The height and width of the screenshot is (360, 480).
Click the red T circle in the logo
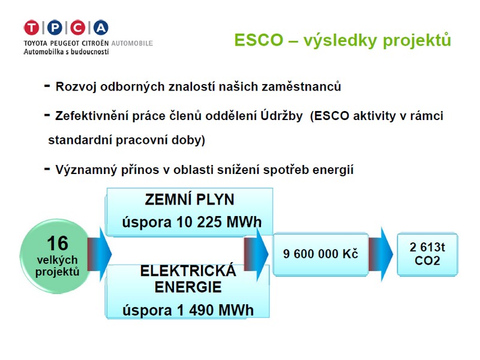click(32, 28)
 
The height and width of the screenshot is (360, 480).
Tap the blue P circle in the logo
click(55, 28)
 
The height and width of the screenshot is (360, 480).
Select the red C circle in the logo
click(78, 28)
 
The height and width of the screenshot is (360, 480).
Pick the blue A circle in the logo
click(101, 28)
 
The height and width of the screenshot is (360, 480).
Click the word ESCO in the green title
click(259, 40)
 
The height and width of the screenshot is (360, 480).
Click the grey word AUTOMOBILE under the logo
click(132, 43)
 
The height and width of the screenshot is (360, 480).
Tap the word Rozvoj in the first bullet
click(76, 87)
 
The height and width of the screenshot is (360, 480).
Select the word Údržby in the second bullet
click(281, 116)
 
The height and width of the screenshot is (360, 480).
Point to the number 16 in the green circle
click(58, 244)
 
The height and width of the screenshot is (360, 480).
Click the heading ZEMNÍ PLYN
click(190, 200)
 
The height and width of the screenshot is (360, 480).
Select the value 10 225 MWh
click(219, 222)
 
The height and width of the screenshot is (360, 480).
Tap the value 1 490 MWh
click(215, 310)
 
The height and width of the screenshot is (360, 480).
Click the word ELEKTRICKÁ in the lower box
click(188, 271)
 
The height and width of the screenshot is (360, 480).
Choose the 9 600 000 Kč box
click(320, 254)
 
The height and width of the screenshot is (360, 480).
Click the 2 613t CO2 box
click(427, 254)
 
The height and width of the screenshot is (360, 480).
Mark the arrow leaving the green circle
click(100, 254)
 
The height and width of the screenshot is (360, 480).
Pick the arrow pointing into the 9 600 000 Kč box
click(256, 254)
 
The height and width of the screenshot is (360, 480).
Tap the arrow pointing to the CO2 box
click(380, 254)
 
